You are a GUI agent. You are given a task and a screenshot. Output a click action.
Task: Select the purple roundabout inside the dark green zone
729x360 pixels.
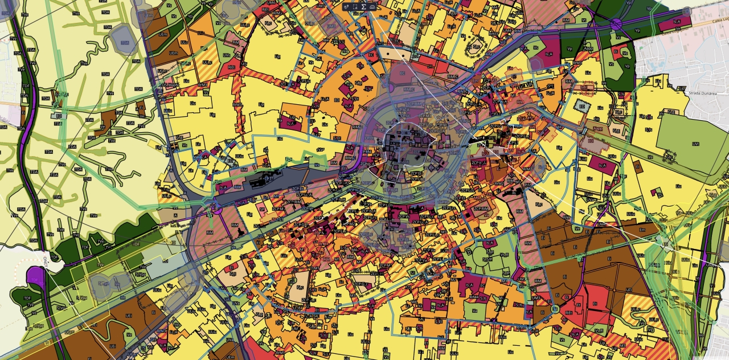[x=616, y=24]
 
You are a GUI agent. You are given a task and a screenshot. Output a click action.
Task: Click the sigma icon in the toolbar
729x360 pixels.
[x=363, y=6]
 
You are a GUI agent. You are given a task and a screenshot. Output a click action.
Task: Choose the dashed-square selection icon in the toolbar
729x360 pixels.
[x=355, y=6]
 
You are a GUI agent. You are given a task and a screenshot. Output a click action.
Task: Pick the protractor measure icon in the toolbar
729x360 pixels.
[x=372, y=6]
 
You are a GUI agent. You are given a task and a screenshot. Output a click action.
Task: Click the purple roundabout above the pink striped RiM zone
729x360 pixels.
[x=216, y=208]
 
